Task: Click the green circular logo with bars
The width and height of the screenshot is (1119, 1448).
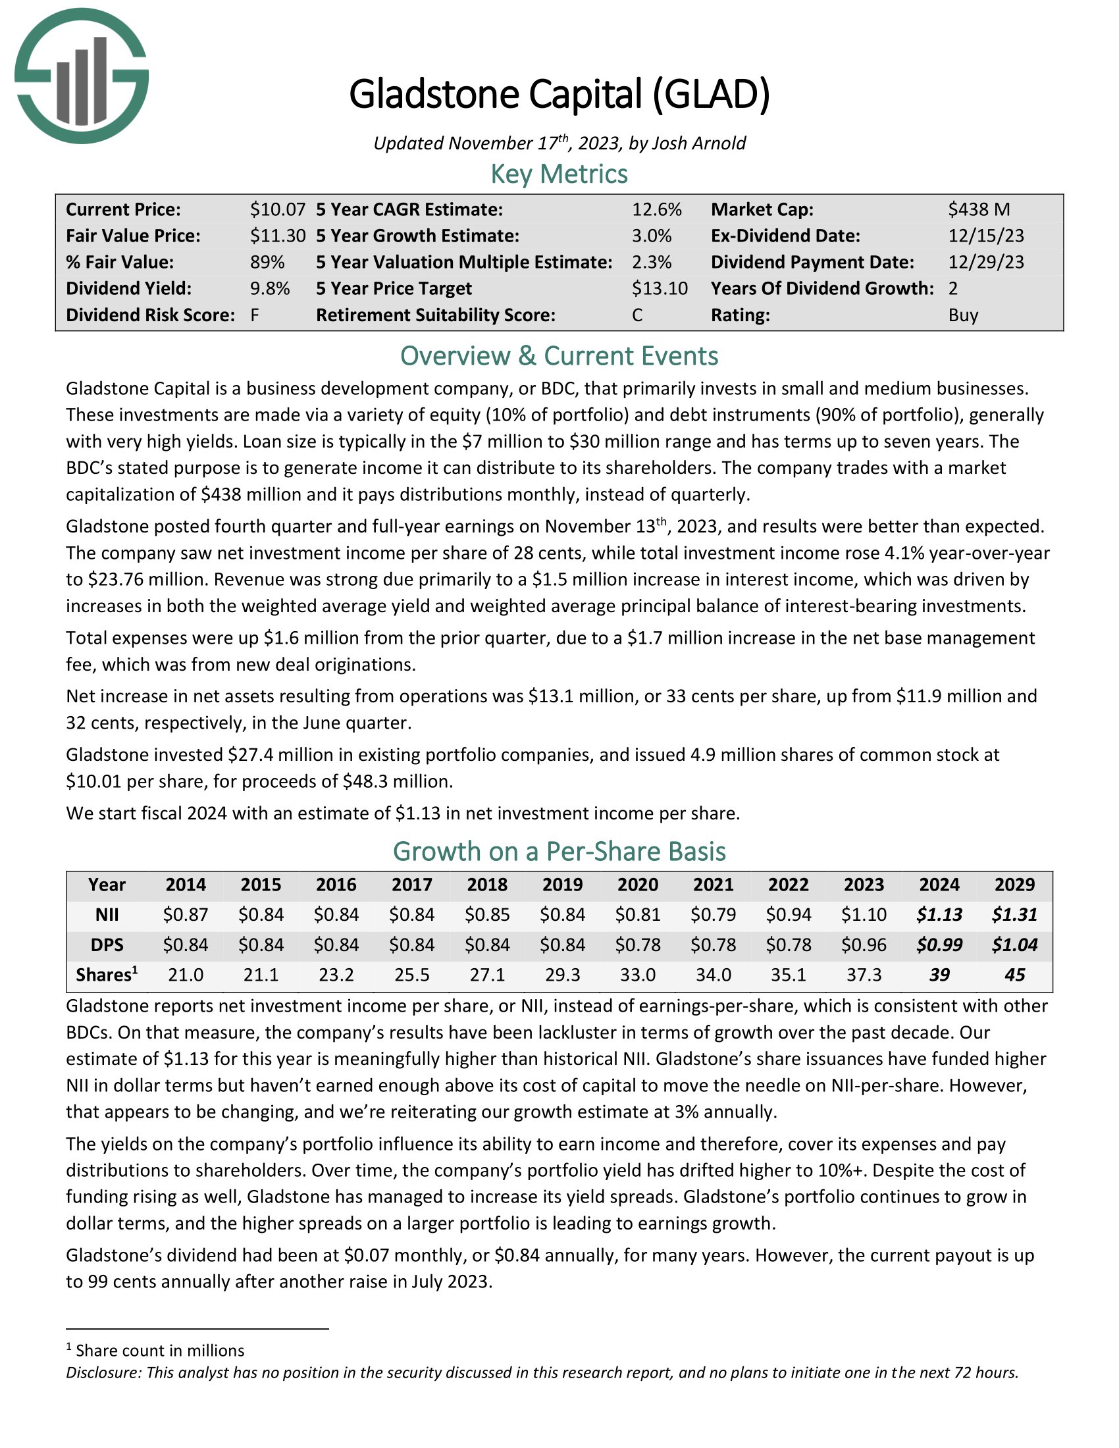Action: tap(82, 76)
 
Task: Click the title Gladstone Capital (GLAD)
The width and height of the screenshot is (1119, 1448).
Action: tap(559, 93)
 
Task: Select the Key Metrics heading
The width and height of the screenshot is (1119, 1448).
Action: tap(559, 174)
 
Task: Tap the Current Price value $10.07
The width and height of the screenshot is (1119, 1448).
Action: tap(277, 209)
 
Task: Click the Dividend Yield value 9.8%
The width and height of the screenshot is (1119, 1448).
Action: tap(270, 288)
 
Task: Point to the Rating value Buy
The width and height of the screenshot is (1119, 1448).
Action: tap(962, 315)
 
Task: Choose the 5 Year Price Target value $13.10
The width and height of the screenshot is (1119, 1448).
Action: tap(659, 288)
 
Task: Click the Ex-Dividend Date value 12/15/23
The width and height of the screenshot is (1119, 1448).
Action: tap(986, 236)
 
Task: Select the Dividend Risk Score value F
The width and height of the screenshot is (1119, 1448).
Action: tap(255, 315)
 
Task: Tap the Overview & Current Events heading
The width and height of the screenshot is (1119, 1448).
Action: tap(559, 356)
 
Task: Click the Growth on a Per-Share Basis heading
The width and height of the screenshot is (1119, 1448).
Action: tap(559, 851)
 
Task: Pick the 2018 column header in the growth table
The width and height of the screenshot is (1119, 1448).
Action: tap(487, 885)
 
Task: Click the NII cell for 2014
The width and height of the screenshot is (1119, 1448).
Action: tap(186, 915)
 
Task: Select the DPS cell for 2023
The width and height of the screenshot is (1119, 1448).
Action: tap(864, 944)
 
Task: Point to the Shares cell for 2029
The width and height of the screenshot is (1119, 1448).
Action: tap(1014, 975)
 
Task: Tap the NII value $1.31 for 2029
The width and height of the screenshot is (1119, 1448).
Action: tap(1014, 915)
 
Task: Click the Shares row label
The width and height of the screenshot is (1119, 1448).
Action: tap(106, 975)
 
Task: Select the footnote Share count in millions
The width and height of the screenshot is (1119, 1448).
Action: tap(160, 1351)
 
